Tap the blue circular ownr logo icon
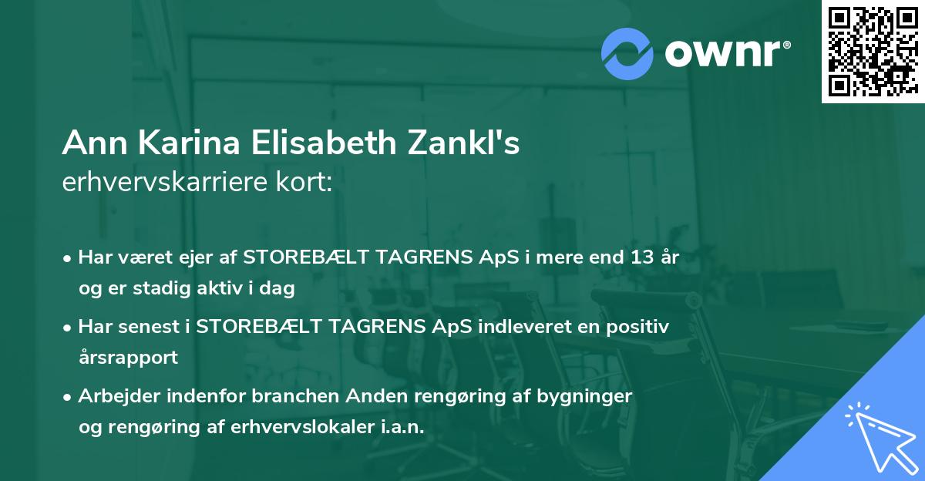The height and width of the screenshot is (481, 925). tap(627, 53)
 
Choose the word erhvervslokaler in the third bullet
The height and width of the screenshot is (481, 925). tap(298, 428)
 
